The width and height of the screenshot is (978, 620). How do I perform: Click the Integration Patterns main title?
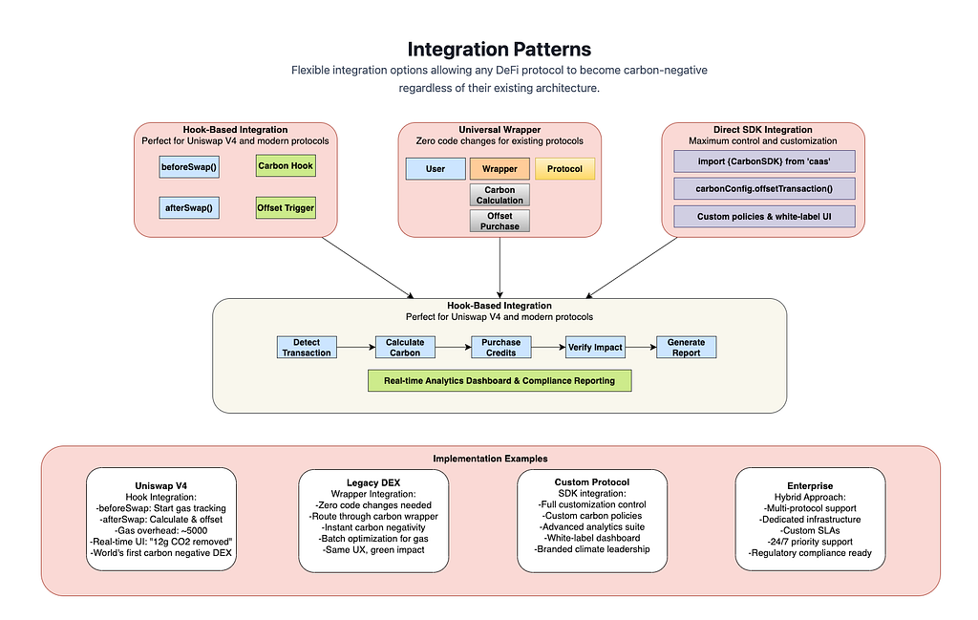[499, 50]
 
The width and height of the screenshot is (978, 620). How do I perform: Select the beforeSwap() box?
[189, 167]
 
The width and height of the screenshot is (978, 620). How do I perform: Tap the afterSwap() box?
[189, 207]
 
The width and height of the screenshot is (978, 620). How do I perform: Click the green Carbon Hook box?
[286, 166]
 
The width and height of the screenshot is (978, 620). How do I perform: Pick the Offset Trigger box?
[286, 207]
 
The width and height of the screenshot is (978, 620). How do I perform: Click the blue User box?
[436, 169]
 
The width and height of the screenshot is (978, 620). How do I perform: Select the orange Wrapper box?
[500, 169]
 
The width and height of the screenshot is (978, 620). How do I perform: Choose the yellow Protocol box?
[564, 169]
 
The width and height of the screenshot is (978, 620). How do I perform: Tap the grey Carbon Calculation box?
[500, 195]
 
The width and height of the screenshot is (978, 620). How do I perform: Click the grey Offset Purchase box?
[500, 221]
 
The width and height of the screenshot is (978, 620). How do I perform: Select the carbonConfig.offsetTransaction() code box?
[764, 189]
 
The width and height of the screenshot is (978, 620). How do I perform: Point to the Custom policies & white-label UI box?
[764, 217]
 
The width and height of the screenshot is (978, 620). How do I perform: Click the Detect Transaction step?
[307, 348]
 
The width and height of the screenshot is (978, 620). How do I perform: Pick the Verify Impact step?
[595, 348]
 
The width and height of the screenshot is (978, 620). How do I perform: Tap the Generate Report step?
[686, 348]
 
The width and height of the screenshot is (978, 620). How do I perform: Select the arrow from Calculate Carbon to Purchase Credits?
[453, 348]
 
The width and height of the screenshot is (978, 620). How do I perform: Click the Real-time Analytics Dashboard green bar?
[500, 380]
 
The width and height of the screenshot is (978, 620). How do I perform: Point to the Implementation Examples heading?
[490, 459]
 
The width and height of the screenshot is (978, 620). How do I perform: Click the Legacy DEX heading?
[373, 482]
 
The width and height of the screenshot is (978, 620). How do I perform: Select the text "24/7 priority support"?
[811, 542]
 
